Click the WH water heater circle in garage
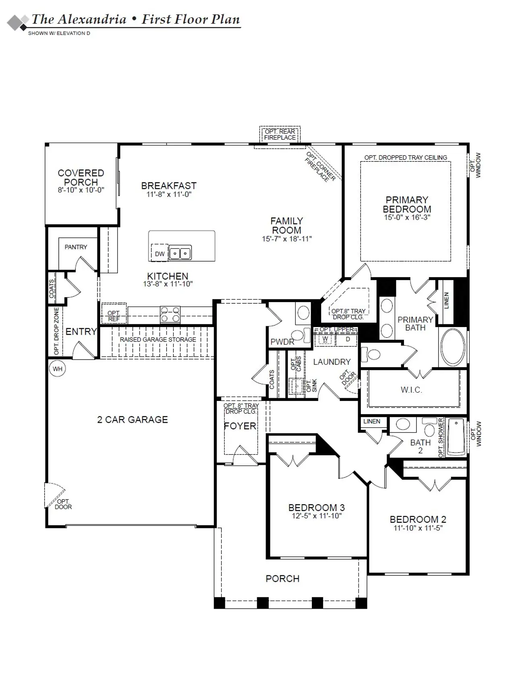coord(58,369)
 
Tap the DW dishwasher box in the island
coord(160,254)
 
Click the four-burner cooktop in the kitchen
coord(170,315)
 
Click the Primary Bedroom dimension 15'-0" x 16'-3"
coord(407,217)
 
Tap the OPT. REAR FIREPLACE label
coord(280,135)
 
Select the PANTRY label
coord(76,247)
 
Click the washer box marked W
coord(325,339)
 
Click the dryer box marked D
coord(348,339)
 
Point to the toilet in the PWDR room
coord(298,335)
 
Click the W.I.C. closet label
coord(411,390)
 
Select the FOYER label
coord(240,426)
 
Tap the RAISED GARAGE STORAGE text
coord(158,340)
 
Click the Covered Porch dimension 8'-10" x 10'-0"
coord(81,190)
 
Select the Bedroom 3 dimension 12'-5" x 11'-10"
coord(317,516)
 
